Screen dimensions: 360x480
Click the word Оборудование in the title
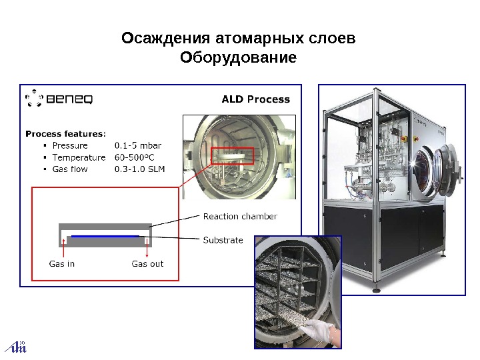click(x=238, y=58)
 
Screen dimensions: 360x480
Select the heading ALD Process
click(x=255, y=99)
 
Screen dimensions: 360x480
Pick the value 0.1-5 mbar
click(x=138, y=145)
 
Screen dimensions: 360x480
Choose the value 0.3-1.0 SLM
click(x=139, y=169)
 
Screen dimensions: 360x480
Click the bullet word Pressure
click(x=70, y=145)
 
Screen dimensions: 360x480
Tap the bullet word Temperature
click(x=79, y=157)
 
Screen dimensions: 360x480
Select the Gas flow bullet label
click(x=70, y=169)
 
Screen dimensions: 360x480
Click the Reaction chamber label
click(x=240, y=216)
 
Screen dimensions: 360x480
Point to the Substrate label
click(x=223, y=240)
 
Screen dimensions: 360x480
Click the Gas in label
click(x=62, y=263)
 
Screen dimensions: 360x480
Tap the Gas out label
click(x=147, y=263)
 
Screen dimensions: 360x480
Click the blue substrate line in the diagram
click(x=105, y=235)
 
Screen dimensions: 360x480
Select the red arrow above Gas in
click(x=63, y=250)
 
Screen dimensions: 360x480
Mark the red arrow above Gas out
click(x=147, y=250)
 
